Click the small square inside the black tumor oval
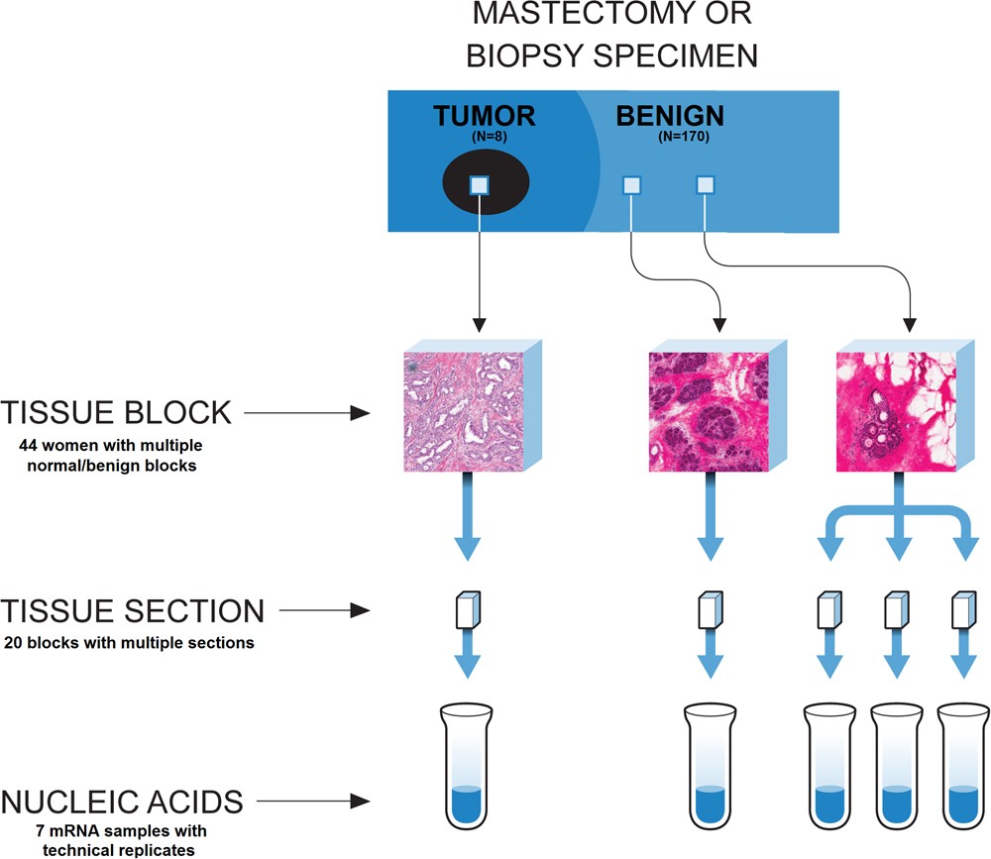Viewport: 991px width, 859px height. pyautogui.click(x=480, y=185)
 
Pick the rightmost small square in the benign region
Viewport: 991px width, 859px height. pyautogui.click(x=706, y=184)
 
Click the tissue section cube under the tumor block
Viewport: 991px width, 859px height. pyautogui.click(x=467, y=609)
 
